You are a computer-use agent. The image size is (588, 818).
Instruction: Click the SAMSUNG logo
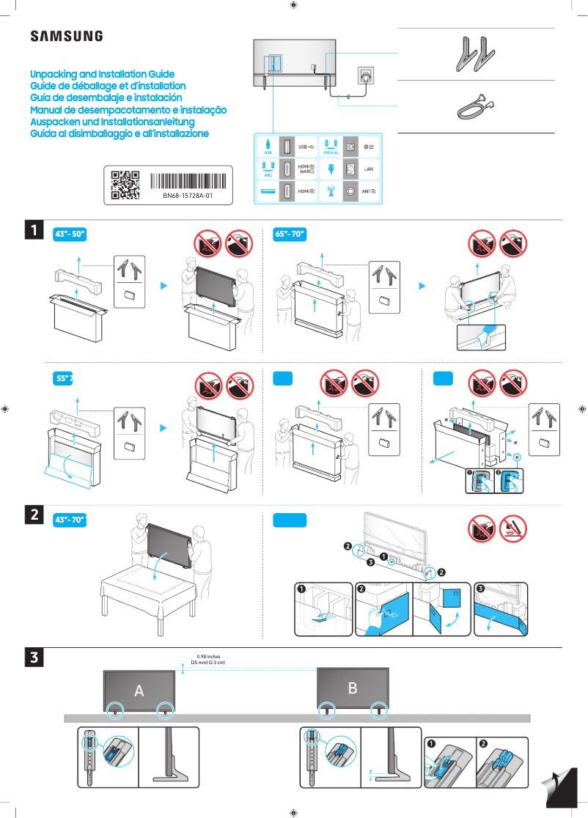coord(66,37)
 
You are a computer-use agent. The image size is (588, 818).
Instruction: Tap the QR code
coord(125,185)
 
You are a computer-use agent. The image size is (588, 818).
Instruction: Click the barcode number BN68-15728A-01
coord(188,196)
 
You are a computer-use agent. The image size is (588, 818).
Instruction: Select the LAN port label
coord(369,169)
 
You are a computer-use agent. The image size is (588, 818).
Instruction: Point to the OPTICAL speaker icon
coord(331,144)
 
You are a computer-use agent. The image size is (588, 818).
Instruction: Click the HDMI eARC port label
coord(306,169)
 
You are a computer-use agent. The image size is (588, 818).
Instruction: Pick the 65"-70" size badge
coord(289,235)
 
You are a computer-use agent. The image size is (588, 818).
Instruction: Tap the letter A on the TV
coord(139,690)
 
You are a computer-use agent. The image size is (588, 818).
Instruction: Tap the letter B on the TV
coord(353,688)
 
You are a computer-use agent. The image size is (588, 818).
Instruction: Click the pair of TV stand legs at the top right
coord(473,55)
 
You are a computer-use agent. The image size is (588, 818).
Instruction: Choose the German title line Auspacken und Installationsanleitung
coord(111,122)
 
